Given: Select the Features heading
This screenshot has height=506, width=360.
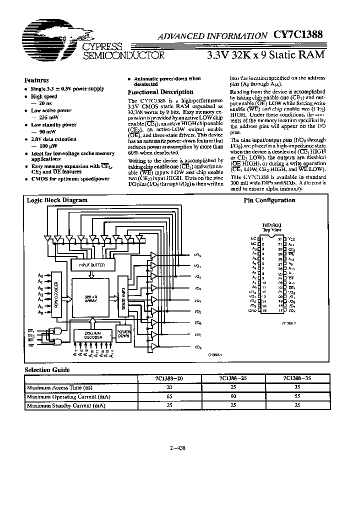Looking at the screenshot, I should tap(36, 80).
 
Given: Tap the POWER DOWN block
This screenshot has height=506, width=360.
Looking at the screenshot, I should tap(123, 334).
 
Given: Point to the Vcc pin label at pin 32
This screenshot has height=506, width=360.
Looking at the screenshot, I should tap(291, 239).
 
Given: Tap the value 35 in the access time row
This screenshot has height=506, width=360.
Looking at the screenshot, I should tap(298, 387).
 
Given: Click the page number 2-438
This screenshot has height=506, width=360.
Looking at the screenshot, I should tap(178, 448).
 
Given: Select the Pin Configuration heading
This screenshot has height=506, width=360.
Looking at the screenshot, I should tap(269, 200).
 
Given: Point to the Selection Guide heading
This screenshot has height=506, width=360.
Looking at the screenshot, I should tap(47, 370).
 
